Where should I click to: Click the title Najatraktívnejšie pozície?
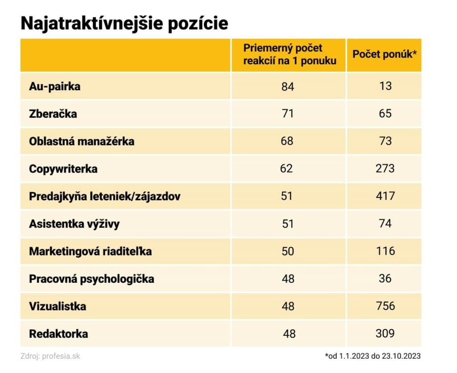(125, 24)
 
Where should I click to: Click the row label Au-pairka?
(55, 86)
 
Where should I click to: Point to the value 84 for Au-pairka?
(288, 87)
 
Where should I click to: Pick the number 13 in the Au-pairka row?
(385, 86)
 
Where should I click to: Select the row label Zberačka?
(53, 113)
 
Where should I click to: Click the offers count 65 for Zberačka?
(385, 113)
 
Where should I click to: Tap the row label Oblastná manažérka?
(82, 141)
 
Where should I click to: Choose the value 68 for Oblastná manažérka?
(288, 141)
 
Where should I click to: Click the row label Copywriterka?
(63, 169)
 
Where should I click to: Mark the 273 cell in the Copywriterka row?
(385, 168)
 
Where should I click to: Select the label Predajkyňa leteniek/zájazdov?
(105, 196)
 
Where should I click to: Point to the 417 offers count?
(385, 196)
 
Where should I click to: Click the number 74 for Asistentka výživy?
(385, 223)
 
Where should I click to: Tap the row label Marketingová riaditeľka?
(91, 251)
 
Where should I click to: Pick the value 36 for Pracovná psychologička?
(385, 278)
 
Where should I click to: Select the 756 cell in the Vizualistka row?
(385, 306)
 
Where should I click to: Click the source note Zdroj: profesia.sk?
(50, 356)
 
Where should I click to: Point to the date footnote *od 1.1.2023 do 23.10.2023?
(373, 356)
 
